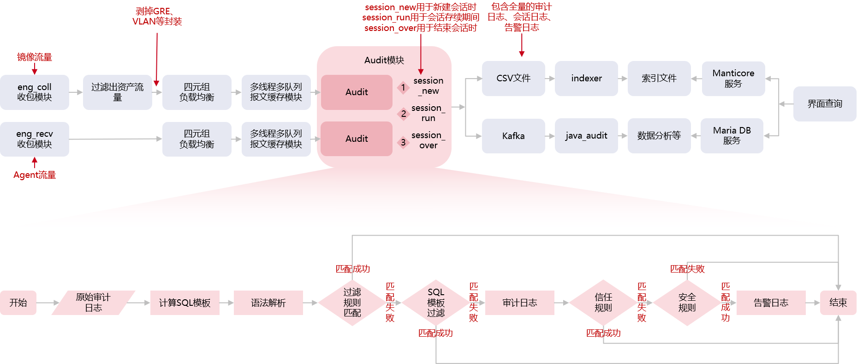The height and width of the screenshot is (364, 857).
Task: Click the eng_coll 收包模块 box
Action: click(35, 92)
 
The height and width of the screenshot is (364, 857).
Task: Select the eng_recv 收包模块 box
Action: click(35, 139)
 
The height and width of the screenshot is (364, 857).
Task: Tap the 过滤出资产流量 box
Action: click(117, 92)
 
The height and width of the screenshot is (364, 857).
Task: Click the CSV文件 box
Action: click(513, 79)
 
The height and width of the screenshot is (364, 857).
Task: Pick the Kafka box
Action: click(513, 136)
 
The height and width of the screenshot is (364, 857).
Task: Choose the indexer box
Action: click(586, 79)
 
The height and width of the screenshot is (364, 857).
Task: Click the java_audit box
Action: click(586, 136)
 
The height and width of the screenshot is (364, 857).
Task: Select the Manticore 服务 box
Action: click(733, 79)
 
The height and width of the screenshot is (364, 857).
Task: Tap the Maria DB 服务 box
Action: click(732, 136)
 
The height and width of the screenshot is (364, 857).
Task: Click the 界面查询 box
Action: click(825, 104)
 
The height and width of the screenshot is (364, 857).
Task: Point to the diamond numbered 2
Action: click(404, 114)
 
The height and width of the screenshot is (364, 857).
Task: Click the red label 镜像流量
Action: click(35, 57)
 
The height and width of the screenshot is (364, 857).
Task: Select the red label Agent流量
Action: click(35, 175)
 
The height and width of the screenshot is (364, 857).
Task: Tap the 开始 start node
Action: click(18, 303)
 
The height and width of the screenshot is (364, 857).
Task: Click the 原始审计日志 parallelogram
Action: click(93, 303)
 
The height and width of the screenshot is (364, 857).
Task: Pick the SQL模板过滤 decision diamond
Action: click(436, 303)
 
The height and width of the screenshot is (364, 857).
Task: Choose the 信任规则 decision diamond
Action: click(603, 303)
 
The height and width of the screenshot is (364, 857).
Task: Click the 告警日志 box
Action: click(771, 303)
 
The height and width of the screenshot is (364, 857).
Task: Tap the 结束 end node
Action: click(838, 303)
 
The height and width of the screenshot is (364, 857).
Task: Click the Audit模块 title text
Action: click(384, 60)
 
